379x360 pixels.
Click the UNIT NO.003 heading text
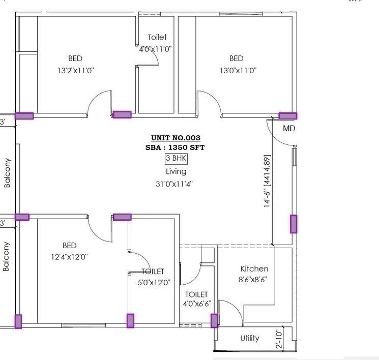(176, 138)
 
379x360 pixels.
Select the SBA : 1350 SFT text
(176, 147)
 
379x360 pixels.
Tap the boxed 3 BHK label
(176, 159)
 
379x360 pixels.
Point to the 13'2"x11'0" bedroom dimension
(75, 71)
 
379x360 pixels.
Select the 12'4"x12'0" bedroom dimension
(69, 257)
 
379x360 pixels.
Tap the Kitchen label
(254, 268)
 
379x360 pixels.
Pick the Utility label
(250, 338)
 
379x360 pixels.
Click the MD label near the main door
(289, 129)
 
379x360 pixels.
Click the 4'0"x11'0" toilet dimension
(156, 49)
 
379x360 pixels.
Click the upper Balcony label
(7, 173)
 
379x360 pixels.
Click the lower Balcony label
(7, 256)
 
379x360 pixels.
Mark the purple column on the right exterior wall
(294, 224)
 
